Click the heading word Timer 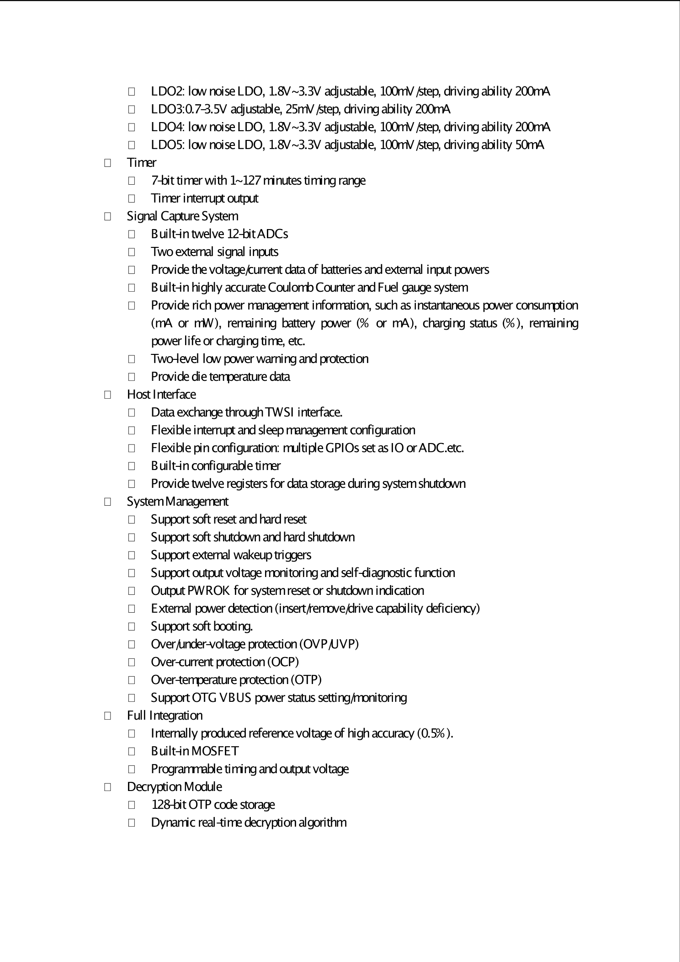pyautogui.click(x=142, y=163)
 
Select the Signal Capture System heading pyautogui.click(x=182, y=216)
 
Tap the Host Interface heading pyautogui.click(x=161, y=395)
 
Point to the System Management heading pyautogui.click(x=177, y=502)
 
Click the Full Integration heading pyautogui.click(x=165, y=716)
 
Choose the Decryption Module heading pyautogui.click(x=174, y=787)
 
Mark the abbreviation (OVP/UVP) pyautogui.click(x=329, y=644)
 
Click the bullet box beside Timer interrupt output pyautogui.click(x=131, y=198)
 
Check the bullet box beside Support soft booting pyautogui.click(x=131, y=626)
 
